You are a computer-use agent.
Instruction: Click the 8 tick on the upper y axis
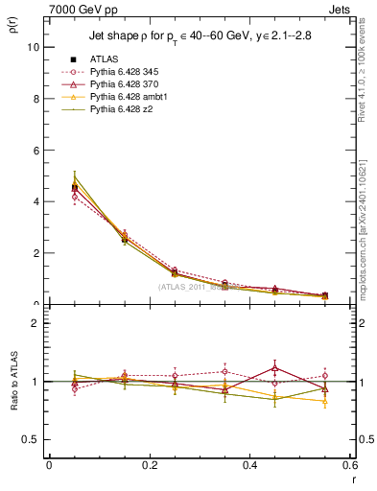point(35,98)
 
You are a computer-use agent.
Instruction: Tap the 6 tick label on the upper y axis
point(35,150)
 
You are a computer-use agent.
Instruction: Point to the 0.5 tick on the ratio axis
point(30,439)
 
